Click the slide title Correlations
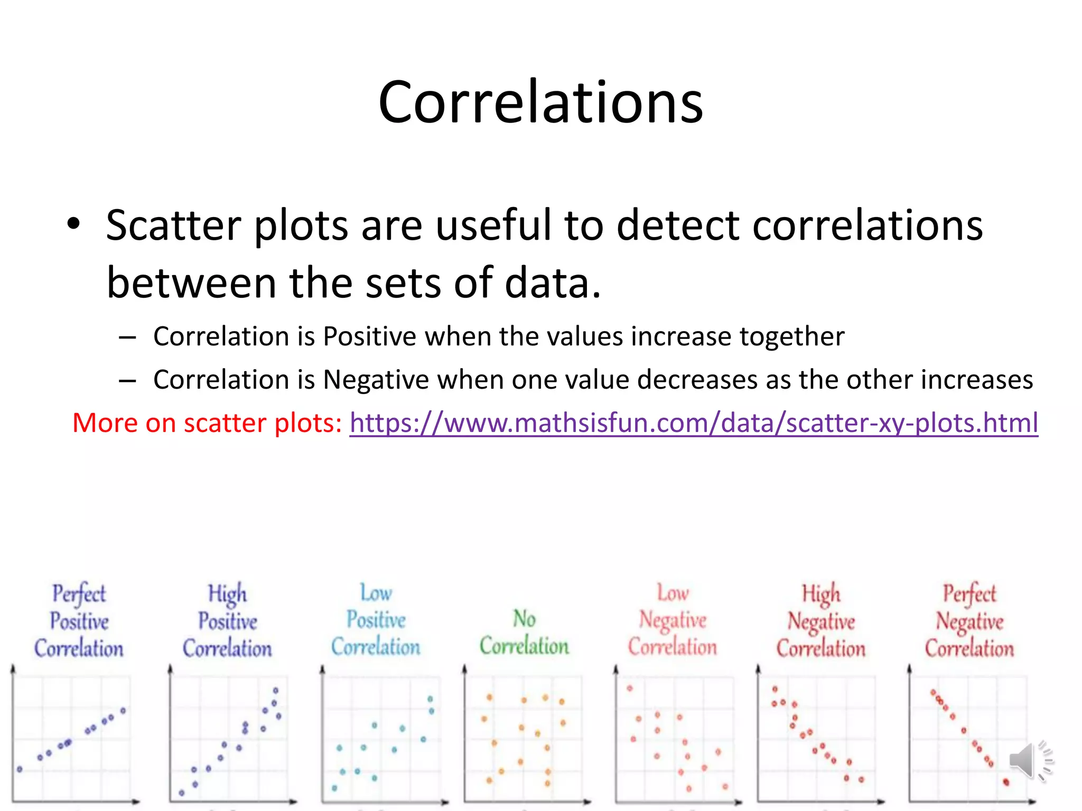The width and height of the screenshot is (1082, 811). tap(540, 102)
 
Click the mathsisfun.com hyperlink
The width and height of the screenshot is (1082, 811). tap(694, 423)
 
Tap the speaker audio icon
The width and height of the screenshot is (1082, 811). tap(1030, 760)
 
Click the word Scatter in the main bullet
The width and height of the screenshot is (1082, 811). tap(173, 225)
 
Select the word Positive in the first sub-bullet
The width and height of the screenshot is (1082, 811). tap(369, 336)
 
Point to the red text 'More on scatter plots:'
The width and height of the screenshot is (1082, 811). tap(207, 423)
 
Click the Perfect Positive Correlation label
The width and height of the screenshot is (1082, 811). tap(79, 621)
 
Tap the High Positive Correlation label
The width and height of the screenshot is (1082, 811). tap(227, 621)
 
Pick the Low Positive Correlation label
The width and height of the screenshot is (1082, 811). tap(376, 620)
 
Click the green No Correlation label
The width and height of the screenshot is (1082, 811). tap(524, 633)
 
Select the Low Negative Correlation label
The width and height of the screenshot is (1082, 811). tap(673, 620)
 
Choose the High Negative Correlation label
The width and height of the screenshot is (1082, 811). tap(821, 621)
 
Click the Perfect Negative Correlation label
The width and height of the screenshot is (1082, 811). tap(969, 621)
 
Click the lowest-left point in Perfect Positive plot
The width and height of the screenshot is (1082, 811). tap(20, 769)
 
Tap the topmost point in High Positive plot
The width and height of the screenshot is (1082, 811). tap(276, 690)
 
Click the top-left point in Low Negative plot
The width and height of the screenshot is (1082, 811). tap(630, 689)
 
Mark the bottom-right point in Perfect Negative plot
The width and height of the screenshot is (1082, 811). tap(1006, 782)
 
